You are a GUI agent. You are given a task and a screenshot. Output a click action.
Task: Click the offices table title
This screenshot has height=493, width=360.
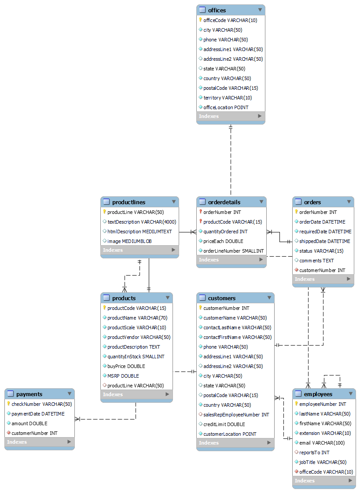pyautogui.click(x=217, y=10)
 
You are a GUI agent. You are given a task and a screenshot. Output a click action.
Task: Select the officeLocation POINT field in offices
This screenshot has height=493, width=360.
pyautogui.click(x=225, y=107)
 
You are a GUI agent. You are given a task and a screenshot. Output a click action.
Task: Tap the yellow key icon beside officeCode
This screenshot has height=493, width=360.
pyautogui.click(x=200, y=20)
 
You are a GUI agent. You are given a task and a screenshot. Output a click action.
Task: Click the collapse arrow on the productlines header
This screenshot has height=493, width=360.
pyautogui.click(x=174, y=202)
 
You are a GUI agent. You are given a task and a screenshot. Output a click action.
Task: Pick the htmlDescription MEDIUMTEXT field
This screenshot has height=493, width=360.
pyautogui.click(x=139, y=232)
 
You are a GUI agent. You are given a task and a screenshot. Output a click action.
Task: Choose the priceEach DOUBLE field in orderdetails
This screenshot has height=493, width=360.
pyautogui.click(x=223, y=241)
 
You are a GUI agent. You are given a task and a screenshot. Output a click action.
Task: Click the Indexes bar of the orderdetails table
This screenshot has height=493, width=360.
pyautogui.click(x=231, y=260)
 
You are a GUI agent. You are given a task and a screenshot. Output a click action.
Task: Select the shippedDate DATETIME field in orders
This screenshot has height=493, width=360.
pyautogui.click(x=324, y=241)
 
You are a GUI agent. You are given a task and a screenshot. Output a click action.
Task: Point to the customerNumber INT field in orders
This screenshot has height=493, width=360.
pyautogui.click(x=322, y=270)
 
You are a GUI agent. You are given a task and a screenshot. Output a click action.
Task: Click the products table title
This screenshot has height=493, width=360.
pyautogui.click(x=124, y=298)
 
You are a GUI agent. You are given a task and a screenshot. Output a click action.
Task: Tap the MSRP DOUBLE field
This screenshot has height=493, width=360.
pyautogui.click(x=123, y=376)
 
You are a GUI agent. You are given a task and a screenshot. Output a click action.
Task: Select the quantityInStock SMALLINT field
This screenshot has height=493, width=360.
pyautogui.click(x=136, y=357)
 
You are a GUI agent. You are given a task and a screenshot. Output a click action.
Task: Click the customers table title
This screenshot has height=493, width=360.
pyautogui.click(x=221, y=298)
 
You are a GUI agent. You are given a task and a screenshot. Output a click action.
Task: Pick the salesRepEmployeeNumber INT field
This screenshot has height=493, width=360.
pyautogui.click(x=236, y=415)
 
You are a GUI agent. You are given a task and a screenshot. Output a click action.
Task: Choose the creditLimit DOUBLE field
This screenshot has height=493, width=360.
pyautogui.click(x=224, y=424)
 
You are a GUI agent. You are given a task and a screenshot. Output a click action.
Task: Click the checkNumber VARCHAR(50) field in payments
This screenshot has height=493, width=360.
pyautogui.click(x=41, y=404)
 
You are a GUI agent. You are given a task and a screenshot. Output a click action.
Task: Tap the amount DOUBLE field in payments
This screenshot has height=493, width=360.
pyautogui.click(x=29, y=423)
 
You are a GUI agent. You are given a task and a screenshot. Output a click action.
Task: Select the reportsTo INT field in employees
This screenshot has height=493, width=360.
pyautogui.click(x=314, y=453)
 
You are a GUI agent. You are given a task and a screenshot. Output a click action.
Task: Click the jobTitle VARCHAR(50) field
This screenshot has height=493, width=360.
pyautogui.click(x=323, y=462)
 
